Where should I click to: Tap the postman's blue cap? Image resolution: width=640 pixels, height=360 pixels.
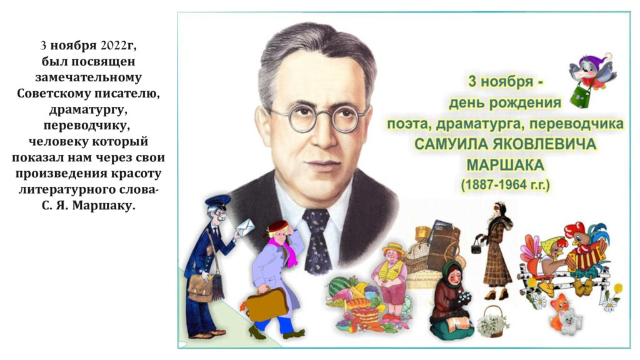click(218, 201)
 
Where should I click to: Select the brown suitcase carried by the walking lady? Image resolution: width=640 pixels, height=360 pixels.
click(267, 304)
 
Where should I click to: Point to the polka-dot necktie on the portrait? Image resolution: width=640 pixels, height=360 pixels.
click(317, 241)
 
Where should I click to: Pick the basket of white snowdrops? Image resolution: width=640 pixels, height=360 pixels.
click(493, 322)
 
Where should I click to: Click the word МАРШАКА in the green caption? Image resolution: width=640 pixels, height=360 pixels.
click(505, 165)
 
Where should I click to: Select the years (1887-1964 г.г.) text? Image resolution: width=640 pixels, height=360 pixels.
click(505, 185)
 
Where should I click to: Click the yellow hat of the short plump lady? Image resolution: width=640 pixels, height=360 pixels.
click(394, 249)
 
